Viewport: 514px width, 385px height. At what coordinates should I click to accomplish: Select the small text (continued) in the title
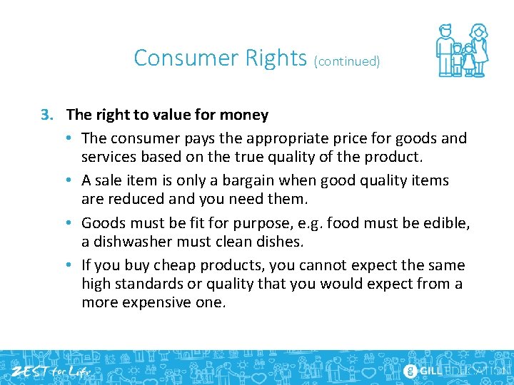347,61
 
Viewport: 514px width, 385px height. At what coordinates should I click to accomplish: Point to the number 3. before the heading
47,115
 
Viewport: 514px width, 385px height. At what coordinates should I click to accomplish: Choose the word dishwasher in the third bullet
134,242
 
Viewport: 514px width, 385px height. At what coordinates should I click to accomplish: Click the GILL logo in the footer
428,370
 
